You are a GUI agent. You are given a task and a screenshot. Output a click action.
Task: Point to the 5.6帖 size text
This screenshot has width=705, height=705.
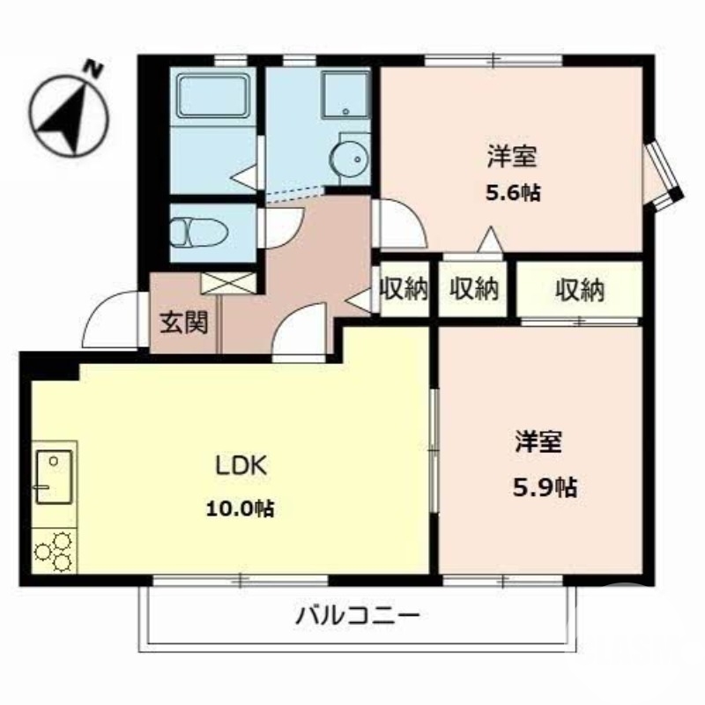pos(512,193)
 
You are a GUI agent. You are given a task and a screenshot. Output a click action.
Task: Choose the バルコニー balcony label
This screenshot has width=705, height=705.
pos(357,614)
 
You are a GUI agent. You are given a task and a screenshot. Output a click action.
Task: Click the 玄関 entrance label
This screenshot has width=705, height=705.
pos(183,323)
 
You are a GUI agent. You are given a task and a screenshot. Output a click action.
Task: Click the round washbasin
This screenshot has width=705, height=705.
pos(350,160)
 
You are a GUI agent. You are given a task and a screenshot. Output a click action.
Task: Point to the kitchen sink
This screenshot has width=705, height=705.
pos(54,476)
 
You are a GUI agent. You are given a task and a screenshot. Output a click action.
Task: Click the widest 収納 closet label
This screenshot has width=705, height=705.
pos(579,289)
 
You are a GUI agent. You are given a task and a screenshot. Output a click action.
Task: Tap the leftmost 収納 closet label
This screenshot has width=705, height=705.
pos(404,289)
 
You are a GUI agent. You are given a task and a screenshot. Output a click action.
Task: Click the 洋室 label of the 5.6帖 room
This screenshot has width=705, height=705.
pos(512,158)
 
